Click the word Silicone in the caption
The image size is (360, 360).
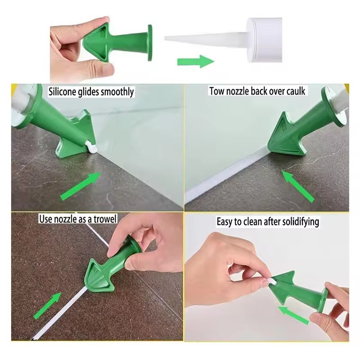[62, 92]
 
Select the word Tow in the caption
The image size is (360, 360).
[216, 91]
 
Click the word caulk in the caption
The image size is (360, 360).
[296, 91]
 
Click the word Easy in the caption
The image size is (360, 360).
[224, 222]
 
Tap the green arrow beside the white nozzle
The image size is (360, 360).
[196, 61]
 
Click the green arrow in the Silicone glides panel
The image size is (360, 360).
[81, 186]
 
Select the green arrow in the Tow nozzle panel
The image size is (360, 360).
[297, 186]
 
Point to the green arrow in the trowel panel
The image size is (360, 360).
[48, 306]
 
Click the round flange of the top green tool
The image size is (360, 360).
[150, 43]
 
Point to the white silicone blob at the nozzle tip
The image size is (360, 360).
[91, 146]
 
